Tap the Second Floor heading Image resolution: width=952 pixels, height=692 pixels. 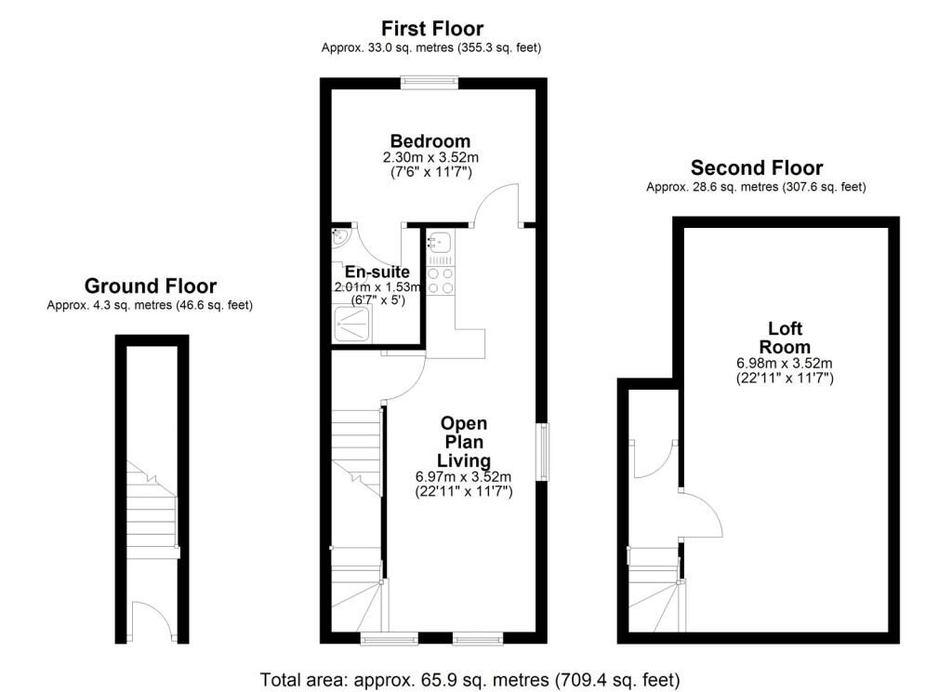756,168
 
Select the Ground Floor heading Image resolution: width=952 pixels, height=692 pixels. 150,286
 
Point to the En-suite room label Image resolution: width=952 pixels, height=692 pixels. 377,273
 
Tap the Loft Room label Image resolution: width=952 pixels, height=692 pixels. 784,338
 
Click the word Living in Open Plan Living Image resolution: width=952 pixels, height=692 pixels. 464,460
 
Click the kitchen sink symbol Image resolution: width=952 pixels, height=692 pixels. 439,245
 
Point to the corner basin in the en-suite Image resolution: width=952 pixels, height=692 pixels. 338,237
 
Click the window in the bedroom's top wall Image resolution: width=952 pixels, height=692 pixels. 429,83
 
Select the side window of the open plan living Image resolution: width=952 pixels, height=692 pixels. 541,452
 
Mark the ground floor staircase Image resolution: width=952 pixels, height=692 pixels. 152,521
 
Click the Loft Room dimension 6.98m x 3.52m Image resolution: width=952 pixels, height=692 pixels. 784,363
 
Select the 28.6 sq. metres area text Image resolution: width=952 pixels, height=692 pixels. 756,187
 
